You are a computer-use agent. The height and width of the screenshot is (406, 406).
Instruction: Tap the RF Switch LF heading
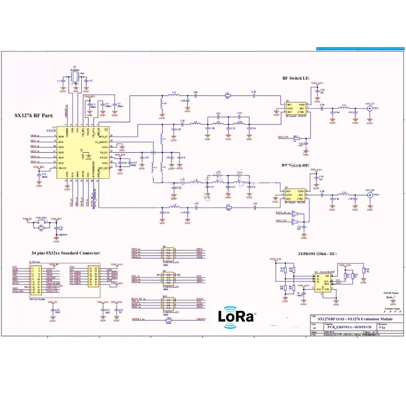[296, 79]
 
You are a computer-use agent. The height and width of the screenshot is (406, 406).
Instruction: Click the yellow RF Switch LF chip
[294, 109]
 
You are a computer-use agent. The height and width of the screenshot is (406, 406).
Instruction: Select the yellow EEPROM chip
[320, 283]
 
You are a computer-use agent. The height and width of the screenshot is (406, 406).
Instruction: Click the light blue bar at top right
[361, 49]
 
